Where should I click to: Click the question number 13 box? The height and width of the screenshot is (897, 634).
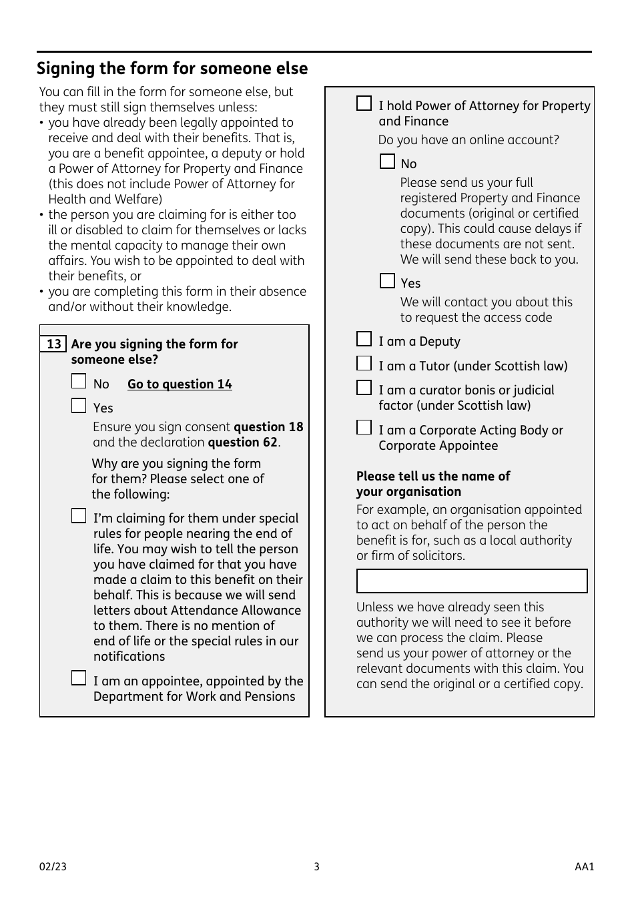[x=53, y=344]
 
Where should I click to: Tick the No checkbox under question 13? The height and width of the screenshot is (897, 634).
[x=79, y=382]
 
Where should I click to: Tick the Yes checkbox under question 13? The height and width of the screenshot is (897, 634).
[x=79, y=406]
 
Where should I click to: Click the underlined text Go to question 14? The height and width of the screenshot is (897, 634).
[x=180, y=384]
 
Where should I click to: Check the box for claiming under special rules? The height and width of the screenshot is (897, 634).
[x=79, y=516]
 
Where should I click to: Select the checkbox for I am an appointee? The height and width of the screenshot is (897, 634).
[x=79, y=679]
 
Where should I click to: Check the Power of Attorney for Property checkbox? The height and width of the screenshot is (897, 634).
[x=364, y=103]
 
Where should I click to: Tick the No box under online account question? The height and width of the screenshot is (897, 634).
[x=387, y=162]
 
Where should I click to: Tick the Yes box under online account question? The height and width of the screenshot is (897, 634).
[x=387, y=281]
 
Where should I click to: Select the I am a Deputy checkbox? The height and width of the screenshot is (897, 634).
[x=364, y=339]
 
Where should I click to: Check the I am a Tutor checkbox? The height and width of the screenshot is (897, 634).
[x=364, y=364]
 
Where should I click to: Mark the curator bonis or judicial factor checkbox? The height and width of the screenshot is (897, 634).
[x=364, y=388]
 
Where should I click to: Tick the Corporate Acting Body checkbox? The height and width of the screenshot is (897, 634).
[x=364, y=427]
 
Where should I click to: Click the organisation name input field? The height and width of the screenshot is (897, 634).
[x=472, y=581]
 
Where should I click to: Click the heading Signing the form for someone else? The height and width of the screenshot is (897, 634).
[x=172, y=69]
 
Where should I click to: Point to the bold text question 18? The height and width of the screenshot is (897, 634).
[x=268, y=427]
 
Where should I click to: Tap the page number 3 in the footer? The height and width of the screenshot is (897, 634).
[x=316, y=867]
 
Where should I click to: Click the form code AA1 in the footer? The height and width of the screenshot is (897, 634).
[x=584, y=867]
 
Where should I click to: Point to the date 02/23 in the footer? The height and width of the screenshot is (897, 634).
[x=53, y=867]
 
